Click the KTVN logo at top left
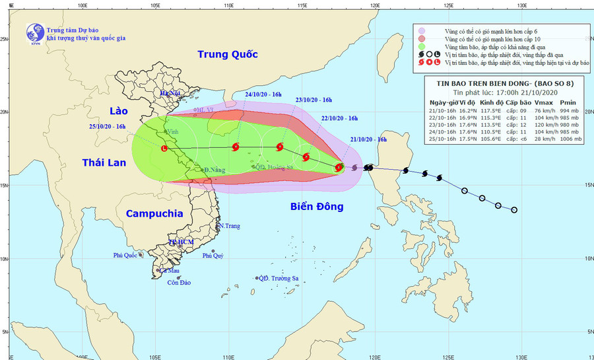click(x=33, y=32)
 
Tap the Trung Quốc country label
click(x=227, y=54)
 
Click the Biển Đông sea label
click(x=317, y=207)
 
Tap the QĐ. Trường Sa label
click(x=279, y=279)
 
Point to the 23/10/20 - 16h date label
click(x=313, y=100)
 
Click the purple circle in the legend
click(x=421, y=31)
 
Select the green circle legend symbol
click(x=421, y=48)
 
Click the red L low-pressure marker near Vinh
click(x=164, y=149)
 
